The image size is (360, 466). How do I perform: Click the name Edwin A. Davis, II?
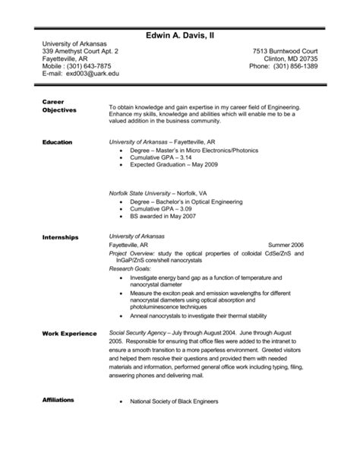(x=180, y=36)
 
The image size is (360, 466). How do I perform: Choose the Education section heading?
(x=59, y=142)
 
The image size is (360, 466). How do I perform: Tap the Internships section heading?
(x=61, y=237)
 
